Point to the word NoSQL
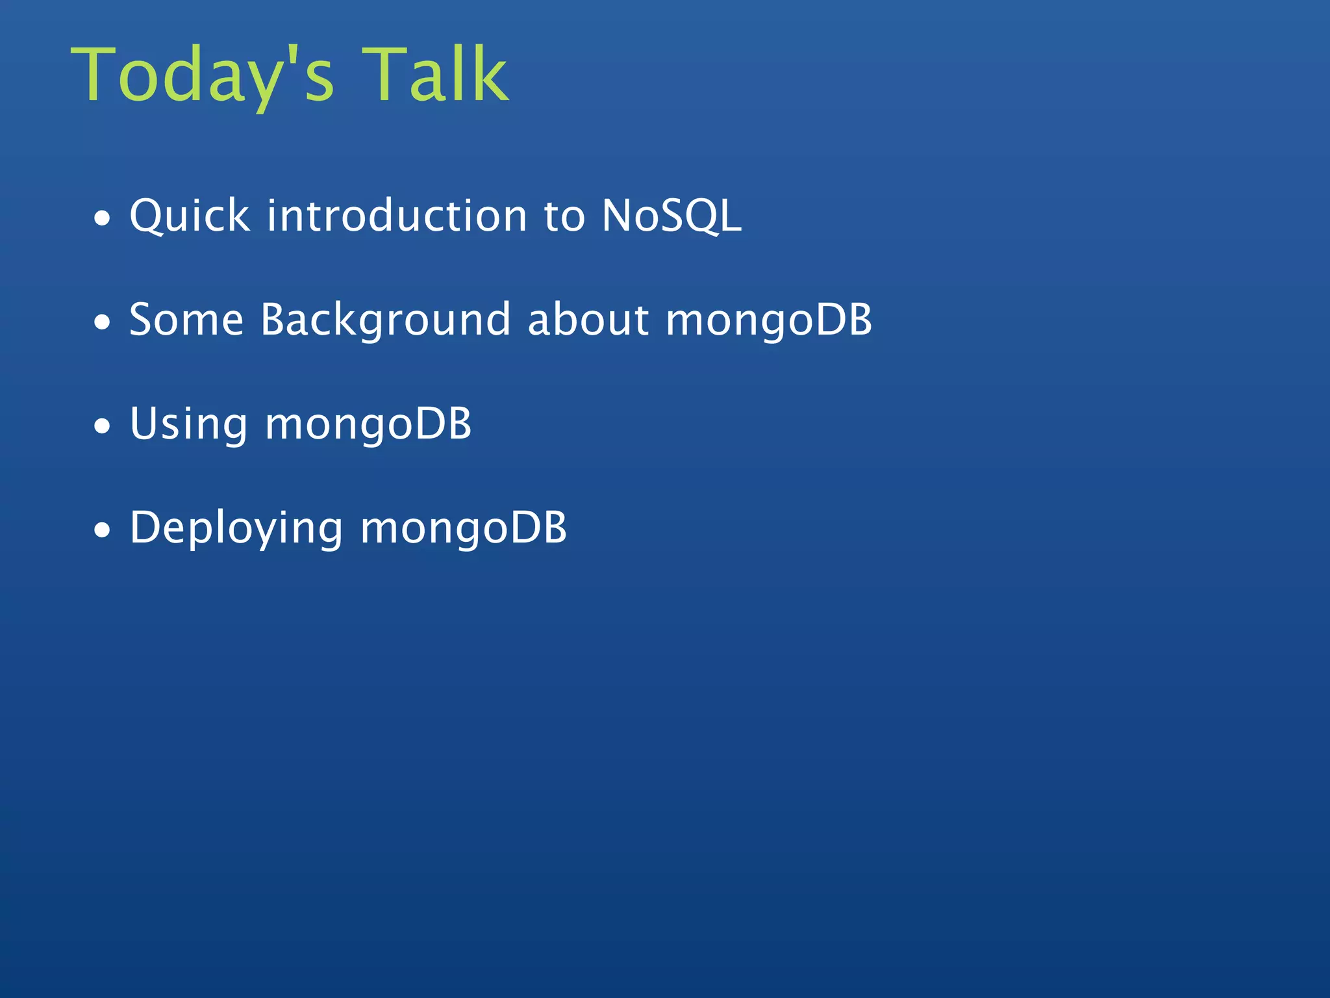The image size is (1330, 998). pos(671,216)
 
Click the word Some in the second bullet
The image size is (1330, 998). pos(186,320)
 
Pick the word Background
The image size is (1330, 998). pos(386,320)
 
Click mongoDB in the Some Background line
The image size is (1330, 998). pos(769,321)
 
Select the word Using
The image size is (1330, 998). pos(188,425)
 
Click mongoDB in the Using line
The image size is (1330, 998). pos(368,425)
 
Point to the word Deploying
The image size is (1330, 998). pos(236,529)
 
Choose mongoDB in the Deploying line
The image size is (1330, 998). pos(463,529)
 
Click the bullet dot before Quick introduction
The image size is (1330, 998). pos(103,219)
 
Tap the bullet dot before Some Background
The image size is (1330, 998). pos(103,322)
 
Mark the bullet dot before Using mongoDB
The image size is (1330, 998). pos(103,426)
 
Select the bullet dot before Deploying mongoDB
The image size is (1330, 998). pos(103,530)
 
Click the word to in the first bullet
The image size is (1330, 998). pos(564,217)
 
